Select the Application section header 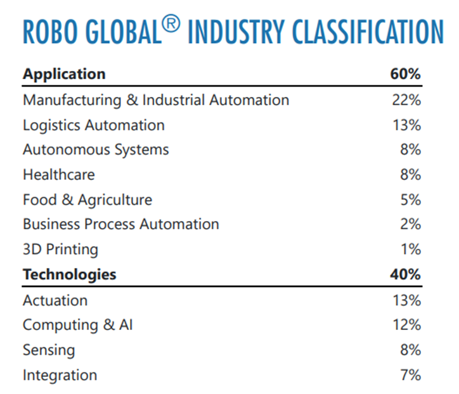click(x=64, y=74)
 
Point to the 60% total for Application click(x=405, y=74)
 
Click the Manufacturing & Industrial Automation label click(x=156, y=100)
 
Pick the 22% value click(x=406, y=100)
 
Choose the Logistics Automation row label click(x=94, y=125)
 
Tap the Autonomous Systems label click(x=96, y=150)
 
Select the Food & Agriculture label click(x=87, y=200)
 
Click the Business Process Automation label click(x=121, y=224)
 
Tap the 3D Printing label click(x=60, y=250)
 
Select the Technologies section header click(x=70, y=274)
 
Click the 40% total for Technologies click(x=405, y=274)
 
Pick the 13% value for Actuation click(x=406, y=300)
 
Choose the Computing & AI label click(x=78, y=325)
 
